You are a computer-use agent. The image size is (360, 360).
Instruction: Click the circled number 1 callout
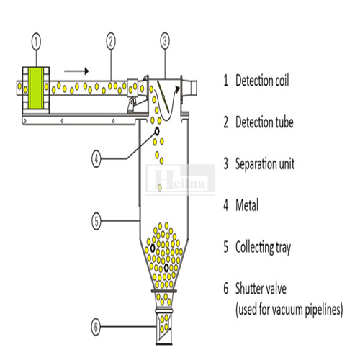(36, 42)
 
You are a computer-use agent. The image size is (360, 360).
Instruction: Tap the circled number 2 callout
(111, 41)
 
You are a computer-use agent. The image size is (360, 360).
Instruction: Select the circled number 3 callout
(165, 41)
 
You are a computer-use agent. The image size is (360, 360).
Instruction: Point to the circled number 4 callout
(96, 158)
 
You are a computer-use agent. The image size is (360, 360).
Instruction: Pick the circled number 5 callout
(96, 221)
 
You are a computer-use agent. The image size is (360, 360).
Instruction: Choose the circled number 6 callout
(96, 327)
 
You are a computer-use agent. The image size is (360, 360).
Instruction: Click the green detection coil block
(36, 88)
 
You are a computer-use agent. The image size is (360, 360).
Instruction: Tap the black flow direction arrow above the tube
(76, 71)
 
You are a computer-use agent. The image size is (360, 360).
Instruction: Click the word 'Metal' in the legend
(247, 205)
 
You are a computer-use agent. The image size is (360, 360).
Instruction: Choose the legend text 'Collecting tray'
(263, 247)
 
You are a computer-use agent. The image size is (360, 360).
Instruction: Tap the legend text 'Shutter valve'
(261, 289)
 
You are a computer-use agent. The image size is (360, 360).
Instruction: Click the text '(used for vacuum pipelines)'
(289, 310)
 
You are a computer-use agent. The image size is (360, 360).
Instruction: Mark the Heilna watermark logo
(180, 179)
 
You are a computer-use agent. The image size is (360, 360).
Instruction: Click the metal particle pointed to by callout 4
(157, 131)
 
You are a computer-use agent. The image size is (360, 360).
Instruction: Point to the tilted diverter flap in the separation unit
(163, 96)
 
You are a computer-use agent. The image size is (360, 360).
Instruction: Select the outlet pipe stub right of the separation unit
(190, 88)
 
